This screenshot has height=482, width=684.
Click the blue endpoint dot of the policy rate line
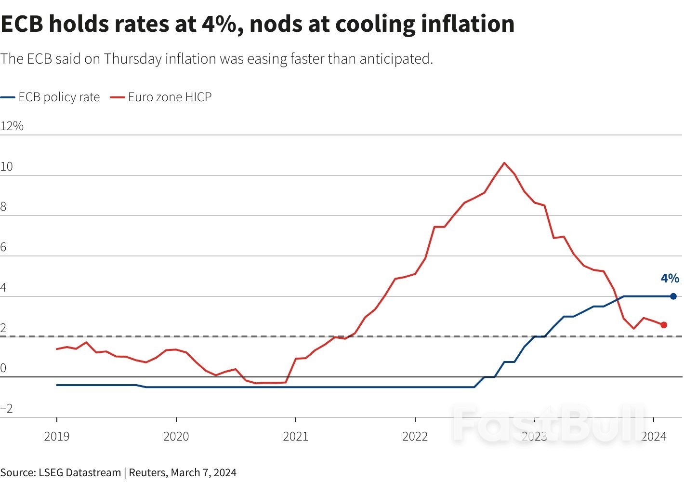coord(673,296)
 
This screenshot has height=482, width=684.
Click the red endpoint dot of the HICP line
coord(664,325)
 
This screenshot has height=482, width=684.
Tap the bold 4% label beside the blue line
coord(670,278)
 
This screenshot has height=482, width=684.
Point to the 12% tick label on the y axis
coord(12,126)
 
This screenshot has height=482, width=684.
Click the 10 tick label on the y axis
coord(7,167)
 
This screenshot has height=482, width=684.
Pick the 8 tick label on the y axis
coord(4,207)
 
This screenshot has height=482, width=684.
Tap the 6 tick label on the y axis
coord(4,248)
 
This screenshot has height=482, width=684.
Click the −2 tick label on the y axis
coord(7,409)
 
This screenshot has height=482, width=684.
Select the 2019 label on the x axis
coord(57,437)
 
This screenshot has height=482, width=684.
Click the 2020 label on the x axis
coord(176,437)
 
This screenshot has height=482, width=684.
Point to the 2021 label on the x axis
coord(296,437)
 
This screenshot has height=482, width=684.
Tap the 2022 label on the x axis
coord(415,437)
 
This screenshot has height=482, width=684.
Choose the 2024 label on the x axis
coord(654,437)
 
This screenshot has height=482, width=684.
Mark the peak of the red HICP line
coord(504,163)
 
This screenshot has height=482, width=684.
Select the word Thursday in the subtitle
coord(132,59)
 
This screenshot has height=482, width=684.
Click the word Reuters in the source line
coord(148,472)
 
